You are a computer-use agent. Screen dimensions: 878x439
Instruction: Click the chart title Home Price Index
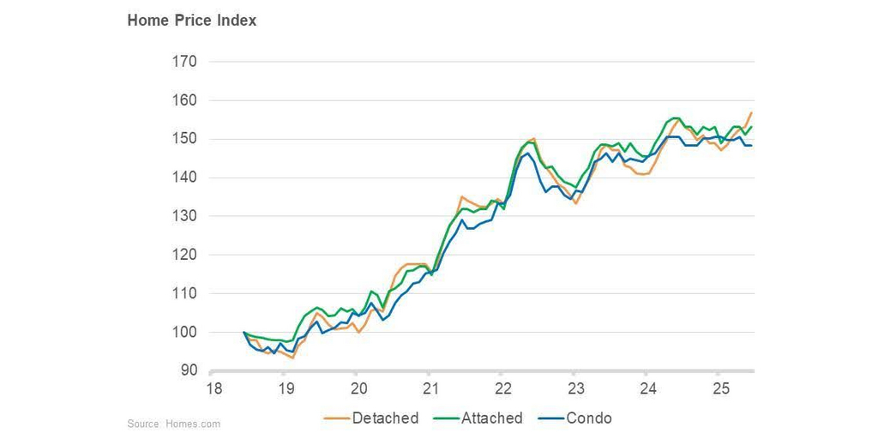pos(192,21)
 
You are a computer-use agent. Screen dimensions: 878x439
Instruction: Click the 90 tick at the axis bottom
pos(188,370)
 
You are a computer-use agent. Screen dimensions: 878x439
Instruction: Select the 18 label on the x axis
pos(213,388)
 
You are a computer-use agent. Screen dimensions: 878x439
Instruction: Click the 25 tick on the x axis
pos(719,388)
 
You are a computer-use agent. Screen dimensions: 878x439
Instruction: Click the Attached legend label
pos(491,418)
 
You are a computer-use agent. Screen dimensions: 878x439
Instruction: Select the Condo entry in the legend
pos(589,418)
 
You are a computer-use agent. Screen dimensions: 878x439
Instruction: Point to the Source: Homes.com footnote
pos(173,424)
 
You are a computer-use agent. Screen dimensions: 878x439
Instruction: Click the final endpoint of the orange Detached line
pos(751,113)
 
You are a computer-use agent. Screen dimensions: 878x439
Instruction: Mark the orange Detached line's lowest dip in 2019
pos(293,358)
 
